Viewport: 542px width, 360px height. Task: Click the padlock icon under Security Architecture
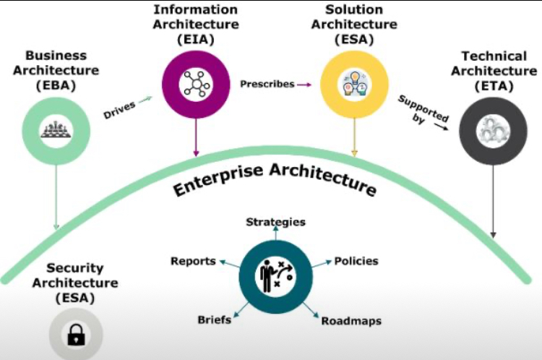click(75, 335)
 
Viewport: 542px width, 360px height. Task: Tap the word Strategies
click(275, 222)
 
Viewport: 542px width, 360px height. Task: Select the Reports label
click(193, 261)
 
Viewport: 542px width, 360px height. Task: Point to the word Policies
click(356, 260)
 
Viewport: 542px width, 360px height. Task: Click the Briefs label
click(214, 320)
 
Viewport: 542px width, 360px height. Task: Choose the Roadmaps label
click(351, 320)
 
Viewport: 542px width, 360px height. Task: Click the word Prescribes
click(267, 84)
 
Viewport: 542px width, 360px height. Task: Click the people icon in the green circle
click(56, 130)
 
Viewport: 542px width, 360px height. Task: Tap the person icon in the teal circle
click(275, 273)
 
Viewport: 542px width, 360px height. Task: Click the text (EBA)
click(56, 85)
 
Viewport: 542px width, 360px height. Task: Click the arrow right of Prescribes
click(305, 85)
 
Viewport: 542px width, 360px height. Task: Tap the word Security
click(74, 267)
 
